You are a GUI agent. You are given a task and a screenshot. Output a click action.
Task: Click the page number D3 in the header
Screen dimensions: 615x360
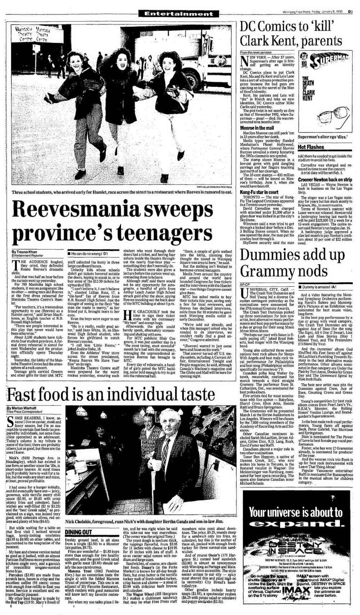(x=350, y=11)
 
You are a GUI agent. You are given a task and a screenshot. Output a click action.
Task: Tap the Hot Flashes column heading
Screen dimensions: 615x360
(x=311, y=147)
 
